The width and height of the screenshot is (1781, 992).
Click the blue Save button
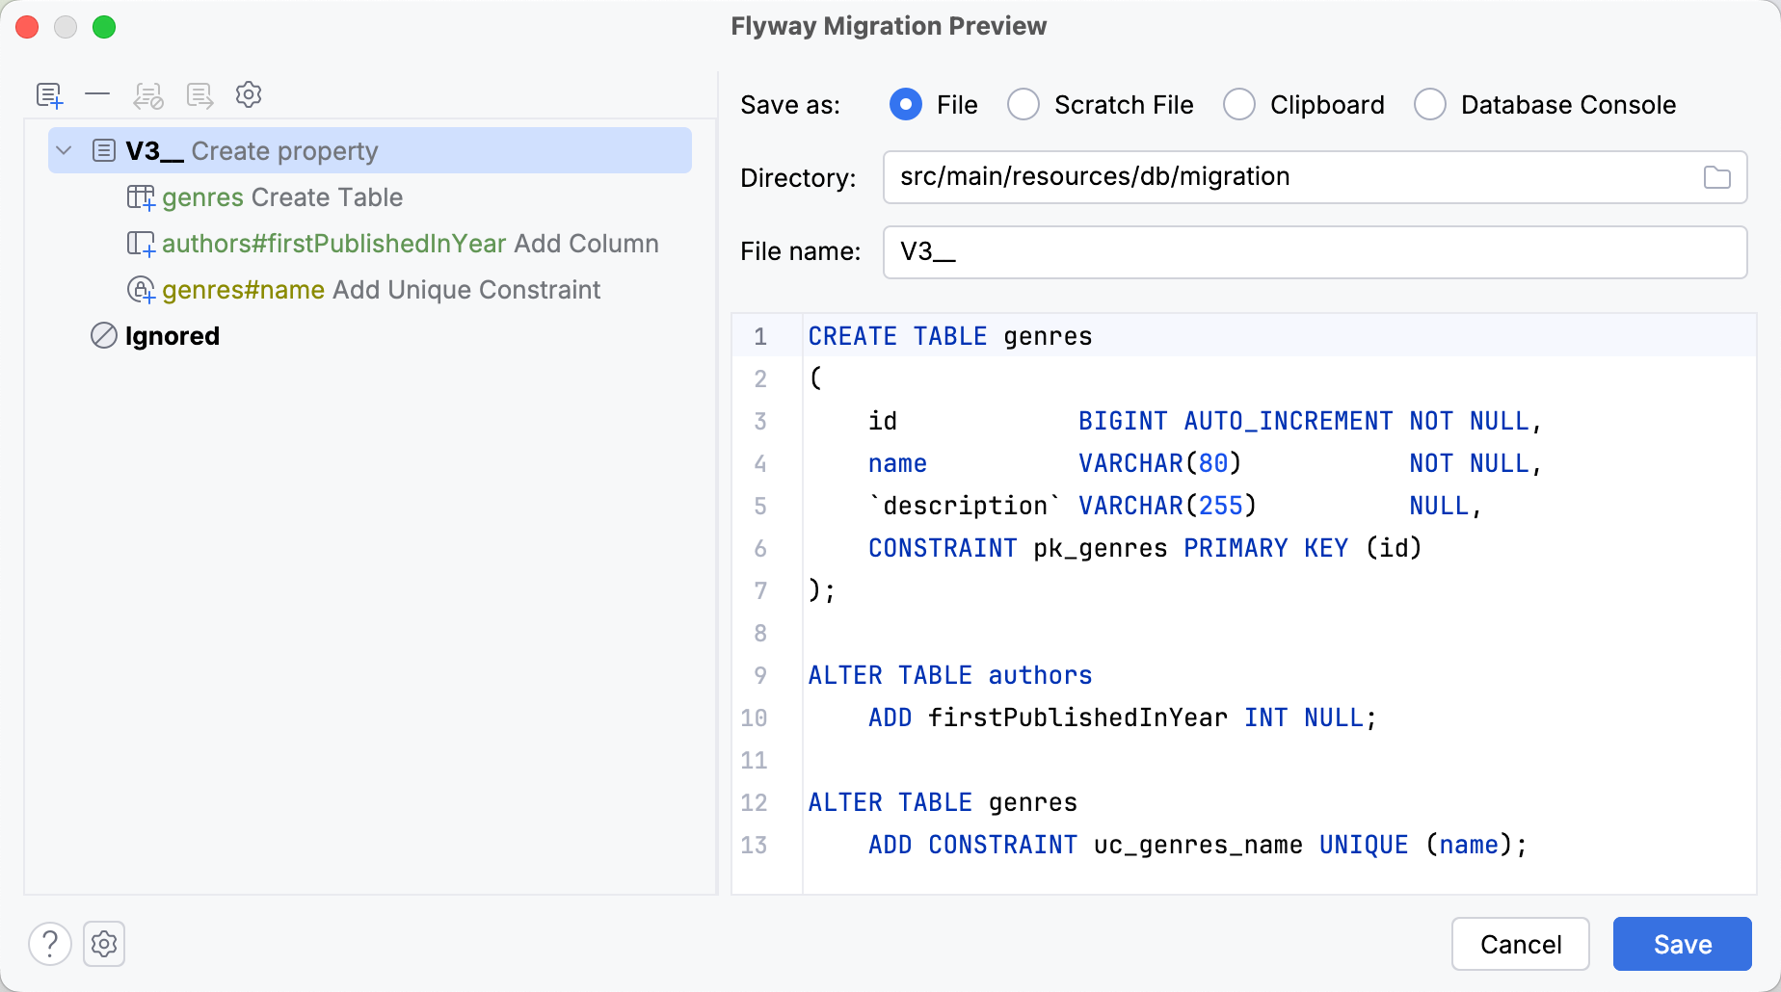[1682, 944]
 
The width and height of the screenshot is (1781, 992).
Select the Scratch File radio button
[1023, 104]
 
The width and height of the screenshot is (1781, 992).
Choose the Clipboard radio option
[1239, 104]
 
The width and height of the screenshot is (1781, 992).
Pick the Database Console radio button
[1430, 104]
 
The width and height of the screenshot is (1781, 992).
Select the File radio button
[906, 104]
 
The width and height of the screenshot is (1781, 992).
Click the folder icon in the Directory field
[1716, 177]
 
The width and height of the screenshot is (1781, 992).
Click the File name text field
[1315, 252]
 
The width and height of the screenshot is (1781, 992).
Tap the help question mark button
[50, 944]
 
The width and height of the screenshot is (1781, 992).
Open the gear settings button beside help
[104, 944]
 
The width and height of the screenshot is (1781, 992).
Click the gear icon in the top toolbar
[249, 94]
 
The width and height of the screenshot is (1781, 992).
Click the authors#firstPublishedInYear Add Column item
[393, 244]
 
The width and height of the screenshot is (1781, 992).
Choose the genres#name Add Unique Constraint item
[364, 290]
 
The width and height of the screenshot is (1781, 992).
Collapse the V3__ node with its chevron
[65, 150]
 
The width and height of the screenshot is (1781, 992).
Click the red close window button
[27, 27]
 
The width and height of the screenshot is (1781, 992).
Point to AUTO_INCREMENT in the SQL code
[1289, 421]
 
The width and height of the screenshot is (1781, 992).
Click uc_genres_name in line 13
[1198, 845]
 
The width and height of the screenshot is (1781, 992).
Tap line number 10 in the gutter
[754, 718]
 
